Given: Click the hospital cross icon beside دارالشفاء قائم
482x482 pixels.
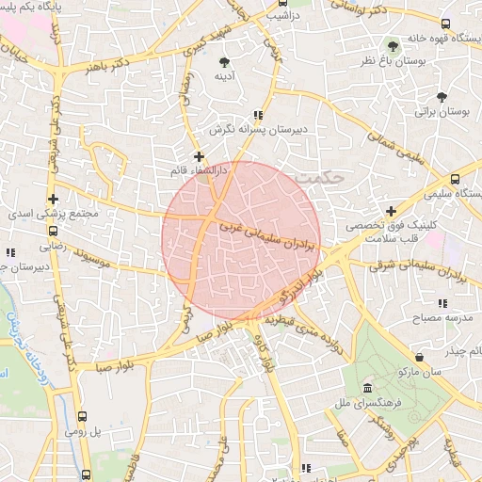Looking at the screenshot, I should [x=199, y=156].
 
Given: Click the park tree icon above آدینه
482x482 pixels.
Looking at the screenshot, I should [x=222, y=61].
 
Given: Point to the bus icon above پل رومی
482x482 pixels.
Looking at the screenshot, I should [x=83, y=416].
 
